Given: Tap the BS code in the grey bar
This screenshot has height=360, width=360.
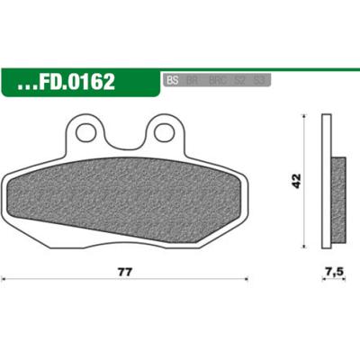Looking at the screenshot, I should [174, 80].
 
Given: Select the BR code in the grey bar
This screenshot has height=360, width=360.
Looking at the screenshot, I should [193, 80].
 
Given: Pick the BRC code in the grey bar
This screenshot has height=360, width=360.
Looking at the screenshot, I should [216, 80].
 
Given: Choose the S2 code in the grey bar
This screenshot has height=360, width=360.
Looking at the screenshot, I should [239, 80].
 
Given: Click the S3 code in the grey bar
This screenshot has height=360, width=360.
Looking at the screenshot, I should [259, 80].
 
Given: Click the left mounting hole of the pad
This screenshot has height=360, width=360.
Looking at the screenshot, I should [87, 133].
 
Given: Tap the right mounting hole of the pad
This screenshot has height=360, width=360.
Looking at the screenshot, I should [163, 133].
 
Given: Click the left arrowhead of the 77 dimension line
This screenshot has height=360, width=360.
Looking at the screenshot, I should [5, 279].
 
